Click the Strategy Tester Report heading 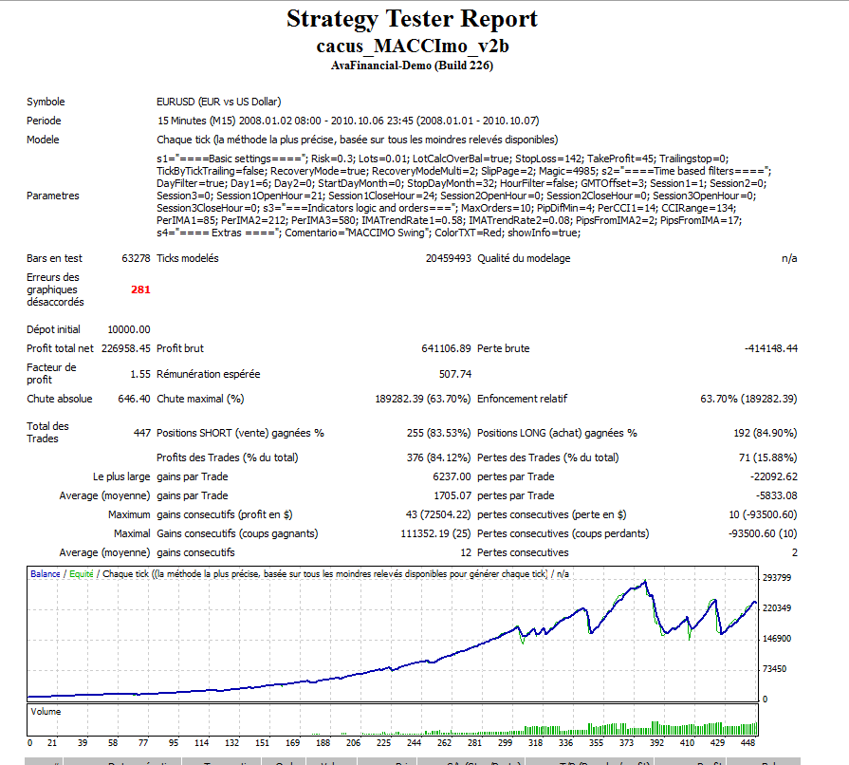[412, 19]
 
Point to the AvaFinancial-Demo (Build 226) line [412, 65]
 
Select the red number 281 [140, 289]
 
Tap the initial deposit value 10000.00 [128, 329]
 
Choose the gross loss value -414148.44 [771, 348]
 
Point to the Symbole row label [46, 102]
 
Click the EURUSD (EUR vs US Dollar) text [218, 102]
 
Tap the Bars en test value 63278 [136, 258]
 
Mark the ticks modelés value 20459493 [448, 258]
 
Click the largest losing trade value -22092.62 [773, 476]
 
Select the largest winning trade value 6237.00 [451, 476]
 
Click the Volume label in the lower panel [46, 710]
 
